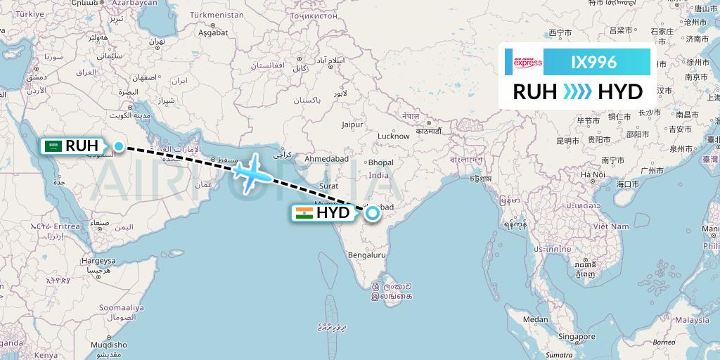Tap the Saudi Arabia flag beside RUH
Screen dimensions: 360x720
(x=52, y=146)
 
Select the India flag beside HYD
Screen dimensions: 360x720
(x=304, y=213)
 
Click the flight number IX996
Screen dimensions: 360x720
(x=594, y=63)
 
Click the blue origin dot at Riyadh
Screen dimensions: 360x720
(x=119, y=147)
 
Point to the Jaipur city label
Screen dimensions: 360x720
(x=352, y=124)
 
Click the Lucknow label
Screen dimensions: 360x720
(x=393, y=136)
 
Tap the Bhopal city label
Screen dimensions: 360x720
(x=380, y=162)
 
